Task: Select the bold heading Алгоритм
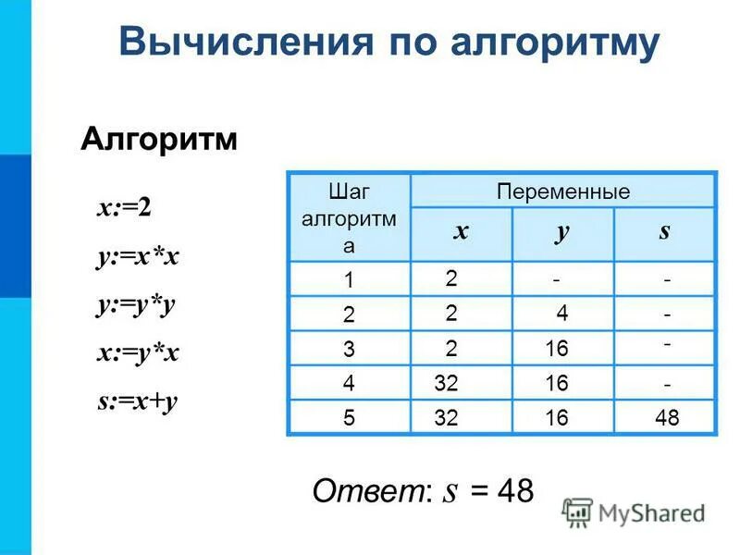click(x=159, y=140)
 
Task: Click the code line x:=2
click(x=124, y=207)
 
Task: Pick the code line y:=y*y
click(x=135, y=305)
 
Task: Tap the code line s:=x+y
click(x=136, y=401)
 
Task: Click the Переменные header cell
click(x=562, y=191)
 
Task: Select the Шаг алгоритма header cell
click(x=349, y=218)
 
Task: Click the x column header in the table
click(x=460, y=232)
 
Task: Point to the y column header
click(x=561, y=232)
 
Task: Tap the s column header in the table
click(x=664, y=231)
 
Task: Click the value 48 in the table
click(x=666, y=418)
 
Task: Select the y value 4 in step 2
click(x=562, y=314)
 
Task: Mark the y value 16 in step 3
click(x=557, y=348)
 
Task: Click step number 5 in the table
click(x=349, y=418)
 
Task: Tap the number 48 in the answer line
click(x=513, y=490)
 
